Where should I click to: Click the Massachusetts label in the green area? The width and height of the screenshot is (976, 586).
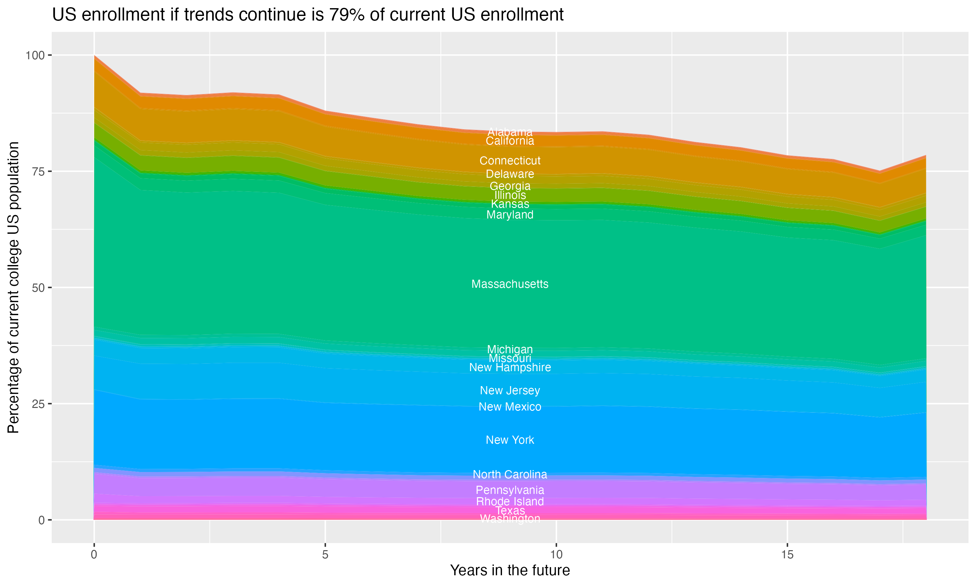click(510, 284)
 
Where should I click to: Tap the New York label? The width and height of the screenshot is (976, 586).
click(510, 440)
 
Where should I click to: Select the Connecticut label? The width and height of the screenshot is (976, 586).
click(510, 161)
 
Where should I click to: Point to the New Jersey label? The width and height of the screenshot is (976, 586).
click(510, 391)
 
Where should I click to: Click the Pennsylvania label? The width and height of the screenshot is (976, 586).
click(510, 490)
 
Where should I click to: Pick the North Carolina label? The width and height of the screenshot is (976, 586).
click(510, 474)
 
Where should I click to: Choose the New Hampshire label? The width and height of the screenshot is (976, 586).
click(510, 367)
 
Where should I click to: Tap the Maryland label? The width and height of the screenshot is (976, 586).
click(510, 215)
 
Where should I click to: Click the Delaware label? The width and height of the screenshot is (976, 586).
click(510, 174)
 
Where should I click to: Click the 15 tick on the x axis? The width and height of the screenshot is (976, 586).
click(787, 555)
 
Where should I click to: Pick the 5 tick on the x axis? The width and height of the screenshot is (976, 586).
click(325, 555)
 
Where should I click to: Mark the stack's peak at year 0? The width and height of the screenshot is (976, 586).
click(94, 56)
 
